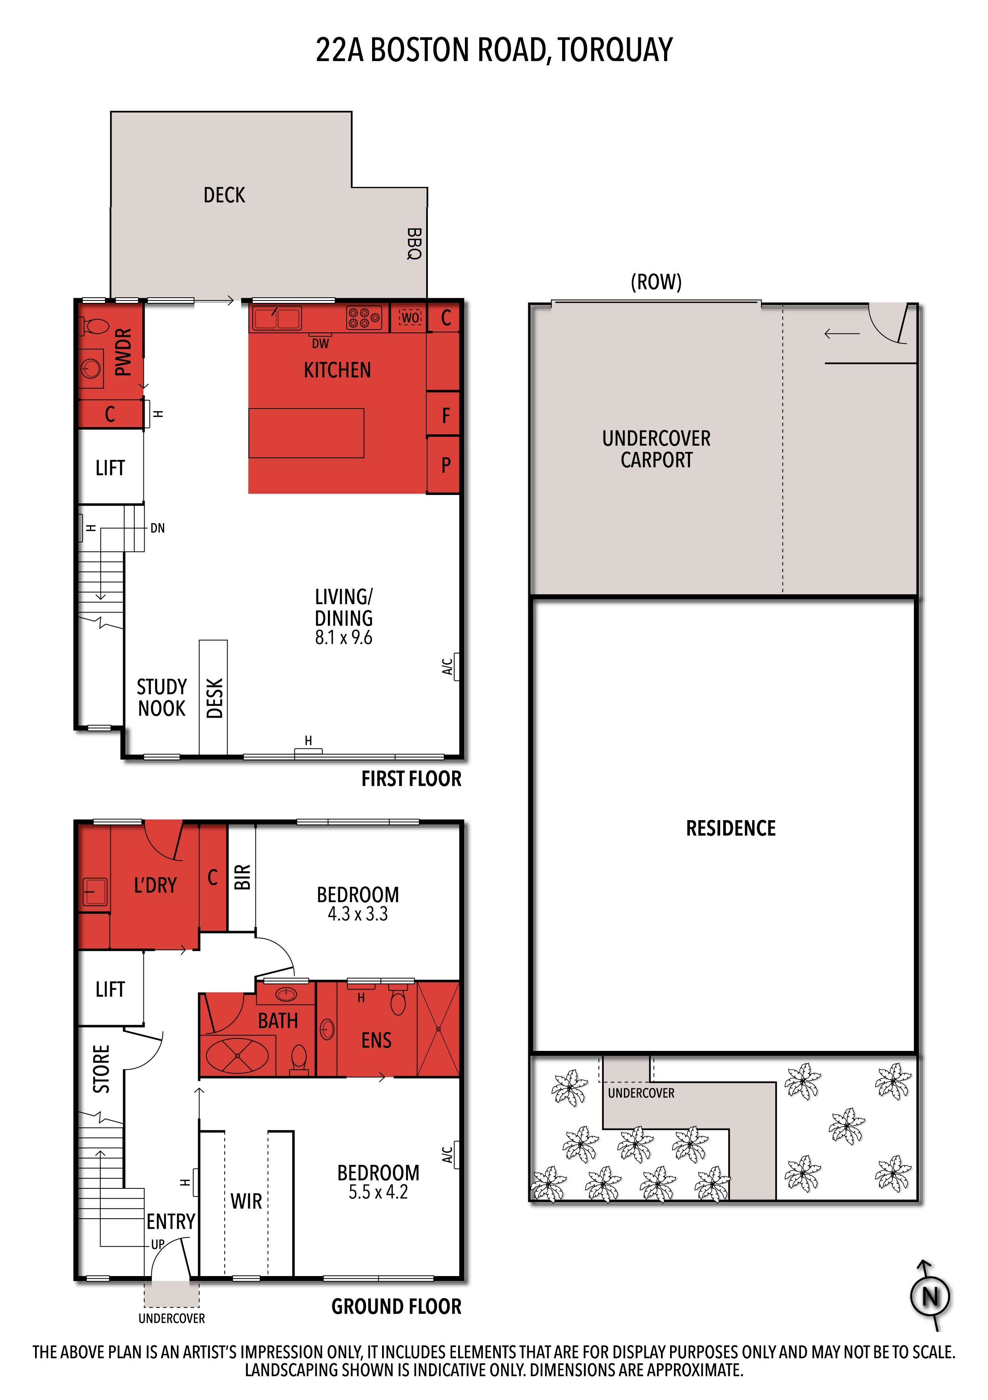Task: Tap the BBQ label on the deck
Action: coord(414,244)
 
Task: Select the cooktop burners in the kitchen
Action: coord(364,317)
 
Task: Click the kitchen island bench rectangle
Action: coord(306,433)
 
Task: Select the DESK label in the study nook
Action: coord(215,698)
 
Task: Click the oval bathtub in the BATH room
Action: coord(237,1056)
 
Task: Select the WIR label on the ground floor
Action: coord(246,1201)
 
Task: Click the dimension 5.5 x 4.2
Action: coord(378,1192)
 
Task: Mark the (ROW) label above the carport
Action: coord(656,282)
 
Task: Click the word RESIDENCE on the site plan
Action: coord(731,828)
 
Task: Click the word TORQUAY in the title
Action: coord(615,50)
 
